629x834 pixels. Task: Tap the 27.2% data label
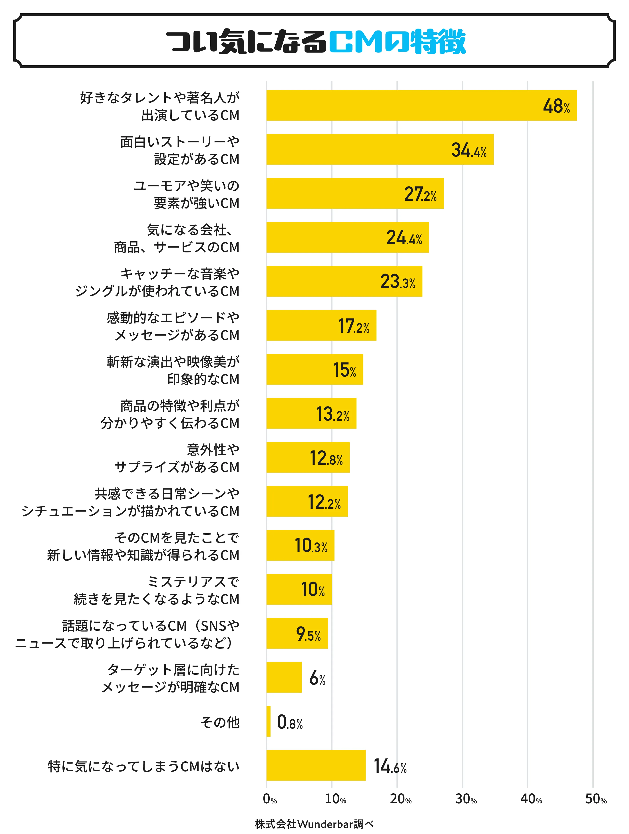(x=420, y=194)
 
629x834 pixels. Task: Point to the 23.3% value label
(x=398, y=282)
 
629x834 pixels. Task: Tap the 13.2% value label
(x=333, y=414)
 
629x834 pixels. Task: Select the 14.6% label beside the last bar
(x=390, y=766)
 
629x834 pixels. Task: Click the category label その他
(x=220, y=722)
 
